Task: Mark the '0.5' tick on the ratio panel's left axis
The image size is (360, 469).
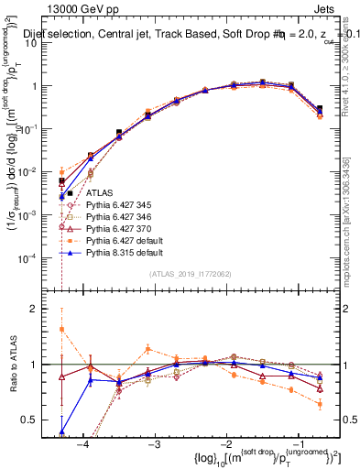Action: [36, 420]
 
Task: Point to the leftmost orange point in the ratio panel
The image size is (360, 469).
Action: [61, 329]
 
